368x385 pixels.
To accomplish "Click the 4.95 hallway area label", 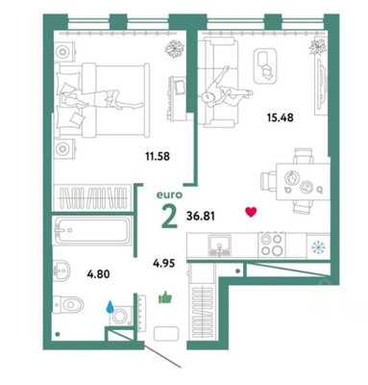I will click(166, 257).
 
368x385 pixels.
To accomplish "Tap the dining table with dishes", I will click(295, 179).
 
